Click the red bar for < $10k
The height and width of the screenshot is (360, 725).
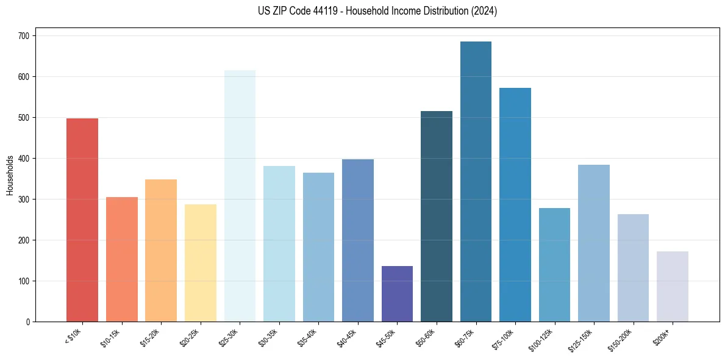(82, 220)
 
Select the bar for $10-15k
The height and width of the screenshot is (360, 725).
(121, 259)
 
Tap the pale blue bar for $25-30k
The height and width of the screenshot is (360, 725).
(240, 196)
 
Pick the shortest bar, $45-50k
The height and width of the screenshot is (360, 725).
(397, 293)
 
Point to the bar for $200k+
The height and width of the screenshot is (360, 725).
(673, 286)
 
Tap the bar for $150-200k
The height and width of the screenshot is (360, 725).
(633, 268)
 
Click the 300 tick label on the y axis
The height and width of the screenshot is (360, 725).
(26, 200)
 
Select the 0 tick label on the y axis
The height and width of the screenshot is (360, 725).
(29, 322)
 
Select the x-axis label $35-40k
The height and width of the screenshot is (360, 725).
(308, 337)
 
